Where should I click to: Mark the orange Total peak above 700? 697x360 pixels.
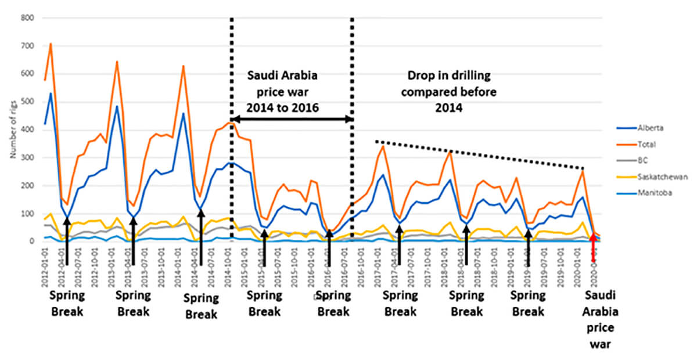point(51,44)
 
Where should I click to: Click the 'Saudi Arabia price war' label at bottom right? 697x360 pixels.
point(602,319)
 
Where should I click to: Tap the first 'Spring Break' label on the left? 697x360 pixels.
point(67,303)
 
